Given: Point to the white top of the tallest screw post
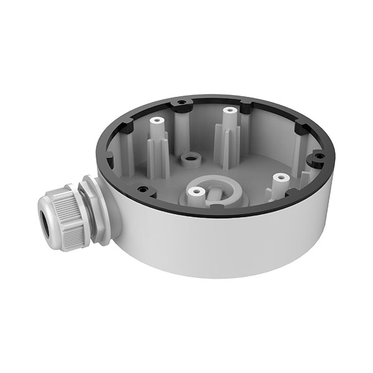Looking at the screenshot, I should (229, 111).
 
